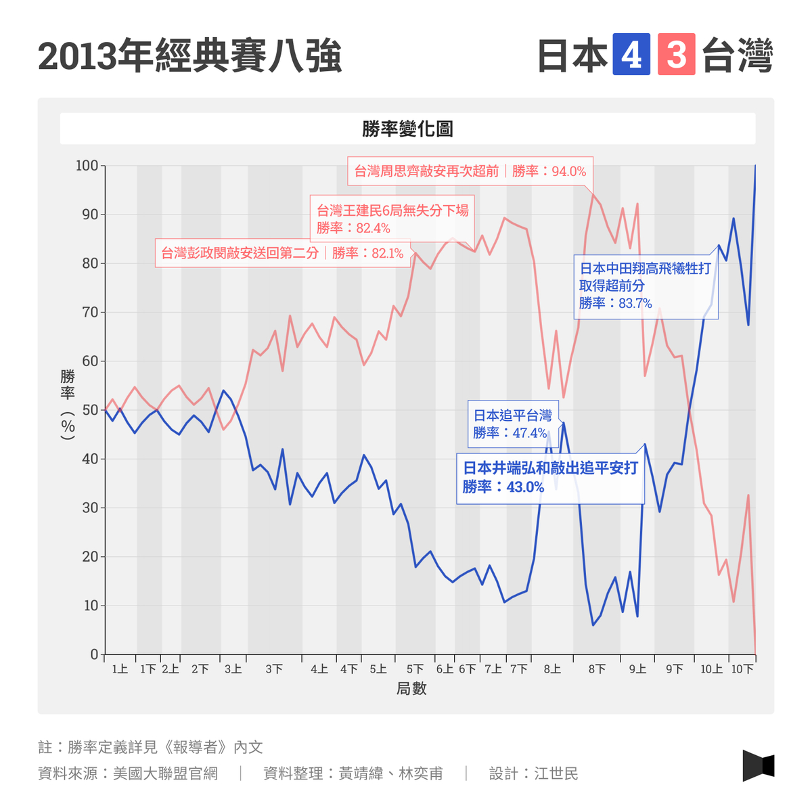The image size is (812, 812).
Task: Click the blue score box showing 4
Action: [x=631, y=55]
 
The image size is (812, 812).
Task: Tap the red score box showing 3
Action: [x=676, y=55]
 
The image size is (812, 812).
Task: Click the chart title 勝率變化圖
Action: [x=407, y=129]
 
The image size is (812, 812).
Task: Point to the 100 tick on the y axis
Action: [x=87, y=166]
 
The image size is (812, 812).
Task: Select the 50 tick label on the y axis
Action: [x=90, y=410]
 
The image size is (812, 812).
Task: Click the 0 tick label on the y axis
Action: [x=94, y=654]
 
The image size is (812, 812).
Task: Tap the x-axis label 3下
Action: [x=274, y=669]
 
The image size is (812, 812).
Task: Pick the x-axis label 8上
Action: [x=552, y=669]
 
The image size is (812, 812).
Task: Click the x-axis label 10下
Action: [x=742, y=669]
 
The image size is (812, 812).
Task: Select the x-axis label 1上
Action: [x=120, y=669]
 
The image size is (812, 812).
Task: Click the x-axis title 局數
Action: [x=411, y=689]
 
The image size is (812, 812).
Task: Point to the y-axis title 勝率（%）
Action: [x=68, y=405]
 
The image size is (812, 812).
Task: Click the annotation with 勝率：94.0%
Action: [x=470, y=171]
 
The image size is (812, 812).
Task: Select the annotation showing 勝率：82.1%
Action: [x=282, y=253]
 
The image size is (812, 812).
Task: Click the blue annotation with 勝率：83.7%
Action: [x=645, y=286]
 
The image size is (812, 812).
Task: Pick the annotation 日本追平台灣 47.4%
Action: [x=512, y=424]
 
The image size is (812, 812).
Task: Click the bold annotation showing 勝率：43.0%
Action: [x=550, y=477]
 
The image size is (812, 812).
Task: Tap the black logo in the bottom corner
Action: [x=758, y=765]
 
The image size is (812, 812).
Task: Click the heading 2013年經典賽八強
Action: [x=190, y=56]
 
